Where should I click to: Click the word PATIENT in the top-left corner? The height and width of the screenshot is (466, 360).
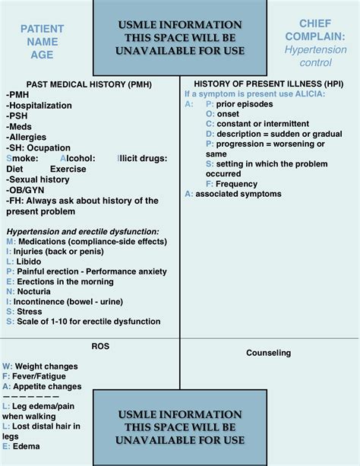tap(43, 29)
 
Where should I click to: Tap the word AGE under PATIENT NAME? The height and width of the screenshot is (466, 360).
tap(43, 55)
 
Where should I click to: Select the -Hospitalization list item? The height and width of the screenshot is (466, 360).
tap(38, 105)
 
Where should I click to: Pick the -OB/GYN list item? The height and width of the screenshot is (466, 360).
tap(26, 190)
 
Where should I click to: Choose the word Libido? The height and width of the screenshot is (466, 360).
tap(30, 261)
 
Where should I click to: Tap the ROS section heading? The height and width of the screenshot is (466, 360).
tap(100, 346)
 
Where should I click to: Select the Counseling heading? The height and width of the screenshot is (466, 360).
tap(269, 353)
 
